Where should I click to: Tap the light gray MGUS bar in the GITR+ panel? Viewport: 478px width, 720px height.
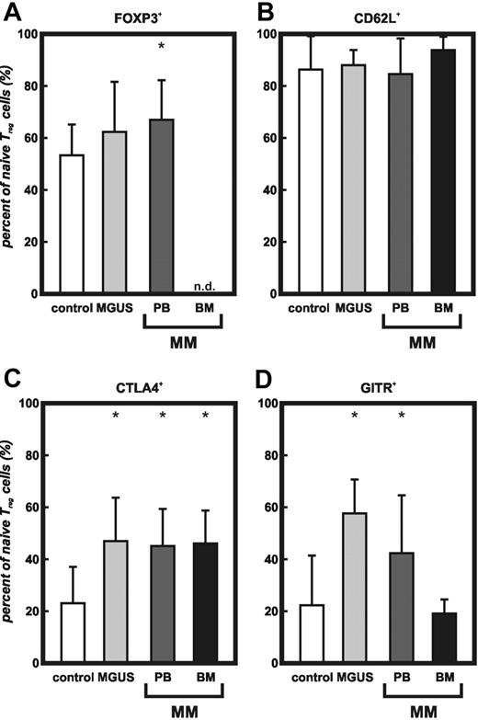click(356, 588)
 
